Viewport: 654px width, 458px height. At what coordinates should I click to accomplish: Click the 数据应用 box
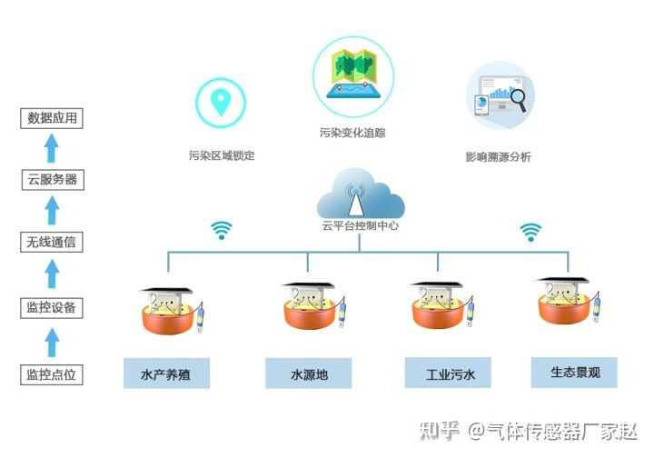(52, 118)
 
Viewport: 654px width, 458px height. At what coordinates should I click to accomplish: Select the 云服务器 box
(53, 180)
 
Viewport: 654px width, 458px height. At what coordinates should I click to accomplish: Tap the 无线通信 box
(52, 242)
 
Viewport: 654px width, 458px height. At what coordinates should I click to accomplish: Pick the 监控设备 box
(52, 308)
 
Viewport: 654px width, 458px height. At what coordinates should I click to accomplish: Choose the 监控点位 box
(52, 374)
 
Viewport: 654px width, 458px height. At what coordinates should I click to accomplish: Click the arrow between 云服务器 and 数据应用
(51, 148)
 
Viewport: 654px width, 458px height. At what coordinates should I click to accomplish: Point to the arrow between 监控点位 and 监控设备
(51, 342)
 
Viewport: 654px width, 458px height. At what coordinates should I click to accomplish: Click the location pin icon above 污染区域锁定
(221, 102)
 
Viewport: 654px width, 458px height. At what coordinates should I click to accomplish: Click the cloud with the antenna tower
(360, 194)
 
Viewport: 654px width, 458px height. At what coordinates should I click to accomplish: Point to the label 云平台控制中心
(360, 225)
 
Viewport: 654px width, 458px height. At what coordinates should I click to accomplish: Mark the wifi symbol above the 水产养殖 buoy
(221, 230)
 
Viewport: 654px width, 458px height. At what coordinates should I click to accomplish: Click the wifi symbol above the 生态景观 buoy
(530, 232)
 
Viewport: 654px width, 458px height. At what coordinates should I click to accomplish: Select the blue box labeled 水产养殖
(166, 373)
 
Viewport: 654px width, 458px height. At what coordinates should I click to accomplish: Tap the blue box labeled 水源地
(309, 373)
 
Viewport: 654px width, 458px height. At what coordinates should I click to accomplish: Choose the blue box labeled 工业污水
(448, 373)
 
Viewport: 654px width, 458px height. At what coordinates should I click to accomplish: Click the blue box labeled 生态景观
(574, 373)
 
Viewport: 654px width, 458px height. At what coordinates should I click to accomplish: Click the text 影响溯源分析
(498, 157)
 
